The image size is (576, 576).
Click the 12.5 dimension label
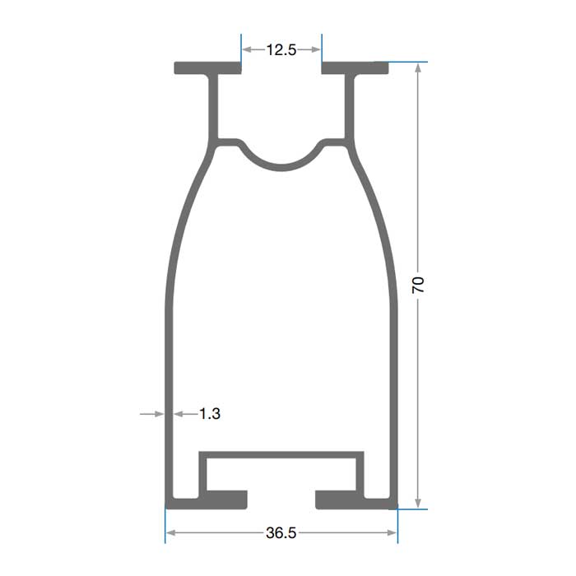coord(281,49)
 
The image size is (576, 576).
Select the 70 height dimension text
coord(418,285)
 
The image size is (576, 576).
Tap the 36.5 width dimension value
coord(281,532)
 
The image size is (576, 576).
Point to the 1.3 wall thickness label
coord(210,414)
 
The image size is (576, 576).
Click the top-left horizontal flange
coord(207,68)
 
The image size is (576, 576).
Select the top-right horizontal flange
coord(355,68)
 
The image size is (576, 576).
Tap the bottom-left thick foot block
coord(226,500)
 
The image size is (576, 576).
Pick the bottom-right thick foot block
coord(336,500)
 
